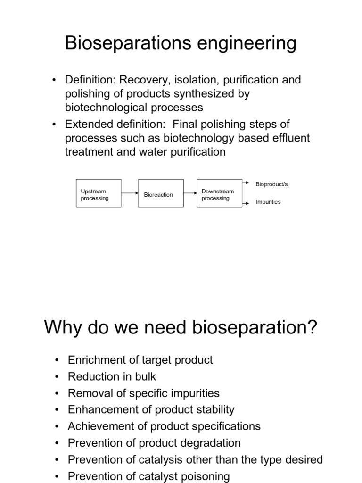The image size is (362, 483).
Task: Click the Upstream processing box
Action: point(99,193)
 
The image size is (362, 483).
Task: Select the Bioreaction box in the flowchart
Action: point(161,193)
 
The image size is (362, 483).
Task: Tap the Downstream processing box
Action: point(219,193)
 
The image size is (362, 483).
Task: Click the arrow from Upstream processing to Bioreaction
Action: point(130,193)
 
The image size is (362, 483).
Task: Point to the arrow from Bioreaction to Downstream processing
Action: point(190,193)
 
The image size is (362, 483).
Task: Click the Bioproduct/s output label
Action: point(271,184)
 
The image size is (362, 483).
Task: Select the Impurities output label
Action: point(268,202)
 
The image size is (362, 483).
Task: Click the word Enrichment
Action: point(96,360)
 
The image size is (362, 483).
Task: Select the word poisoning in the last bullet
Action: point(203,476)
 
